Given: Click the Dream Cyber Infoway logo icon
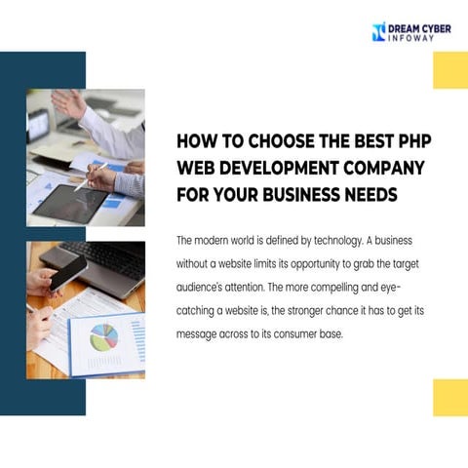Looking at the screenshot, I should coord(379,31).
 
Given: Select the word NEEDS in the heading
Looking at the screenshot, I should coord(370,193).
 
